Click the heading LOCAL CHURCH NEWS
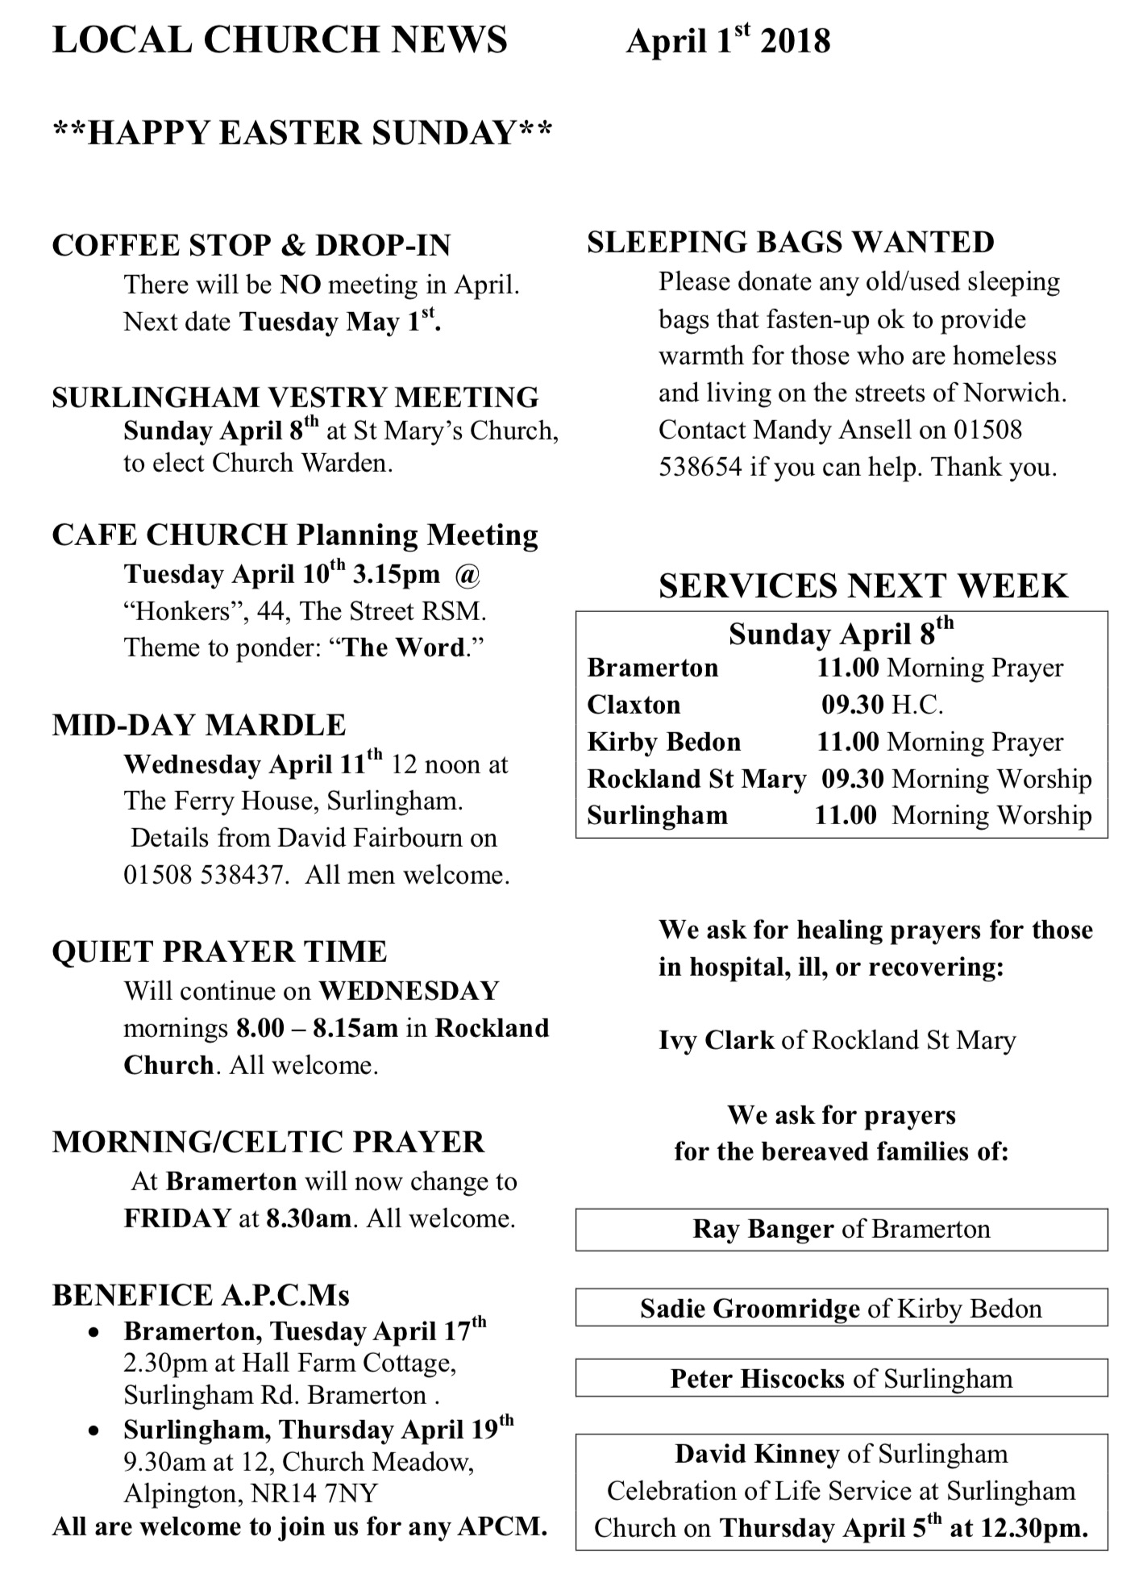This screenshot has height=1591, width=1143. tap(280, 40)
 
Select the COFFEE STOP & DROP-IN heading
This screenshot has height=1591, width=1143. tap(251, 246)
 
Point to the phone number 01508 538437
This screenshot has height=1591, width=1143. tap(206, 875)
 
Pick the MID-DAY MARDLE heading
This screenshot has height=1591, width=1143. tap(199, 725)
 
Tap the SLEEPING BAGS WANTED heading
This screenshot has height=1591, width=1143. tap(791, 243)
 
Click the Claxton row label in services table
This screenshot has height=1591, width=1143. tap(634, 705)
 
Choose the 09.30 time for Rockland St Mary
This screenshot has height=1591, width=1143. tap(853, 779)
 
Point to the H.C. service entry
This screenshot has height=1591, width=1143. tap(917, 705)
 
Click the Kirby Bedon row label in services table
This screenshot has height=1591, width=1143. tap(663, 742)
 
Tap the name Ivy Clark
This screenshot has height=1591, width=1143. tap(716, 1040)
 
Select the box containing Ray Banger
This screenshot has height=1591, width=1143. tap(841, 1230)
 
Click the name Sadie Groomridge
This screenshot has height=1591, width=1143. tap(750, 1308)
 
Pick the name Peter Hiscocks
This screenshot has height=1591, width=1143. tap(758, 1379)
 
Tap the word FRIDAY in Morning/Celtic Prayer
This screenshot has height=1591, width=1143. tap(177, 1218)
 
